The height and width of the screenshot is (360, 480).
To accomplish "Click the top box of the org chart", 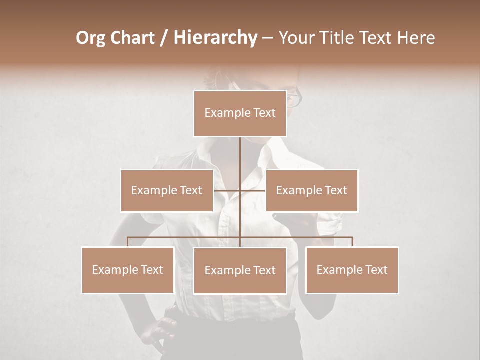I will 240,113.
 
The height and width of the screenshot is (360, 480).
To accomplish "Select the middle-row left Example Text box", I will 167,190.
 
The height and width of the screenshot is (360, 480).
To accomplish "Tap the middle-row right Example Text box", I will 311,190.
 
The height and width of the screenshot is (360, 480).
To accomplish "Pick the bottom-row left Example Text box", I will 128,270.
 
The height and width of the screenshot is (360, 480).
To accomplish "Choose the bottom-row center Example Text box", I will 240,270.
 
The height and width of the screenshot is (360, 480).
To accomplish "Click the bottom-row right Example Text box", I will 352,270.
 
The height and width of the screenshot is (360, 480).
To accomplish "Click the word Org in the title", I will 90,38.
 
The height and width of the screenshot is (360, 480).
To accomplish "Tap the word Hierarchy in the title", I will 215,38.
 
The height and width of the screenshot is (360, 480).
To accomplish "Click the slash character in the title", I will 164,38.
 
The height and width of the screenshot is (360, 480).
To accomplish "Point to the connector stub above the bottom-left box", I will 128,242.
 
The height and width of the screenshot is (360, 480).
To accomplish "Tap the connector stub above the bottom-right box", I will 352,242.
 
